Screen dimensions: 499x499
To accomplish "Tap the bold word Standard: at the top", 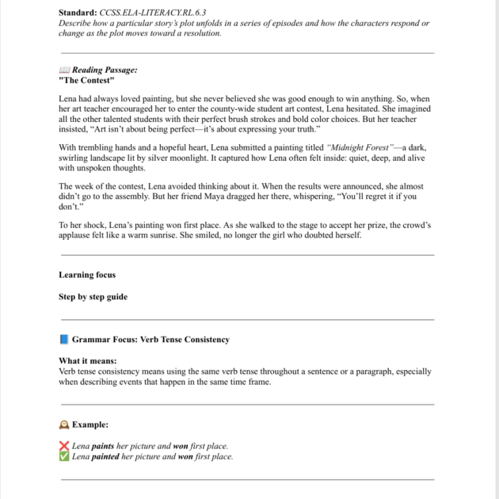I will pyautogui.click(x=78, y=13).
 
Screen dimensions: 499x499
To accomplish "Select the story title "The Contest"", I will pyautogui.click(x=86, y=81).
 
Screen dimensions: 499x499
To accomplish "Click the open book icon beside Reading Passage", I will pyautogui.click(x=64, y=70).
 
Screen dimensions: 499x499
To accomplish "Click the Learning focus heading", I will pyautogui.click(x=87, y=275).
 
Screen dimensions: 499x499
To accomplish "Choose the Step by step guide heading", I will pyautogui.click(x=93, y=297).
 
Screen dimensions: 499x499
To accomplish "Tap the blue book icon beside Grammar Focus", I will pyautogui.click(x=64, y=340).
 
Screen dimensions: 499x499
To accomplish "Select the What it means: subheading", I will pyautogui.click(x=88, y=361).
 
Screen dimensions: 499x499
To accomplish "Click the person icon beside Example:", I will pyautogui.click(x=64, y=425).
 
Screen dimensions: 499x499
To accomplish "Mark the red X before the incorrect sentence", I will pyautogui.click(x=64, y=447).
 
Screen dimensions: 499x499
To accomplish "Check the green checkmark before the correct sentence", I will pyautogui.click(x=64, y=457).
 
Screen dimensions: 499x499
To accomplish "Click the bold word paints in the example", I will pyautogui.click(x=103, y=447).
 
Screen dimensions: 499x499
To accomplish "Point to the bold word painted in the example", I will pyautogui.click(x=105, y=457).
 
